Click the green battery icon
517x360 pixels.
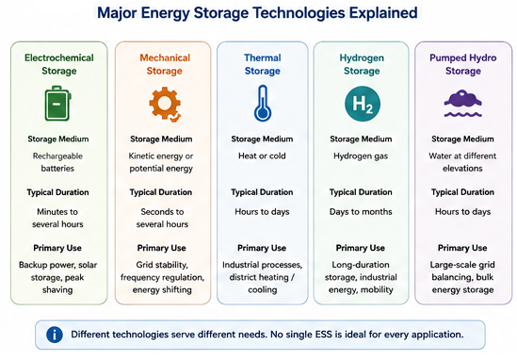coord(57,104)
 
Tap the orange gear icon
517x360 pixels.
coord(165,104)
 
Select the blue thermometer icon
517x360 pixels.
coord(263,103)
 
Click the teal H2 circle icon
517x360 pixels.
coord(363,104)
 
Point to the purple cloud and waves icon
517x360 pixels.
coord(463,104)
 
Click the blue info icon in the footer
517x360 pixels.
coord(55,335)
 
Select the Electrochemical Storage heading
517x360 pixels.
coord(59,64)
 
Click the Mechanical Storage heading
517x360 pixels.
coord(165,64)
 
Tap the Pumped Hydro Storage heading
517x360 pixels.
coord(463,64)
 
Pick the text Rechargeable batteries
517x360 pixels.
coord(57,162)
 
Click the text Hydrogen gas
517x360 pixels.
coord(361,156)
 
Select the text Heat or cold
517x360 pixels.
coord(262,155)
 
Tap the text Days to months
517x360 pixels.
coord(361,211)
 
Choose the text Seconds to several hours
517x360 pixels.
coord(162,218)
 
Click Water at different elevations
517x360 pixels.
coord(462,162)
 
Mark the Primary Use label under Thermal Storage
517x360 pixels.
coord(262,248)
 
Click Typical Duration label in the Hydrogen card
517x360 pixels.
coord(361,192)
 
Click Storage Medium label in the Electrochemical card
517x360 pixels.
coord(58,139)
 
